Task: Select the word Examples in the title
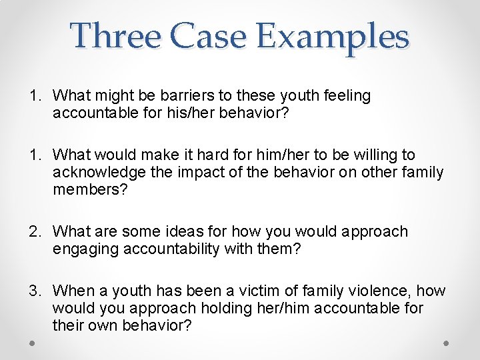tap(332, 37)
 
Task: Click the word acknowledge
tap(95, 173)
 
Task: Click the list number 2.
tap(33, 232)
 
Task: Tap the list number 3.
tap(33, 291)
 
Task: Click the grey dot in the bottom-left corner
tap(32, 342)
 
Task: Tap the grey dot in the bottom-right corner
tap(447, 342)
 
